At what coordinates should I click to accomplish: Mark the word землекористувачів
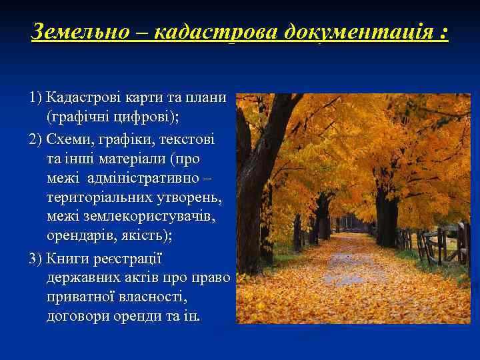[x=146, y=218]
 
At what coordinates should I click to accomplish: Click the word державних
[x=83, y=277]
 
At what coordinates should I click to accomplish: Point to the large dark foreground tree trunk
[x=249, y=207]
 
